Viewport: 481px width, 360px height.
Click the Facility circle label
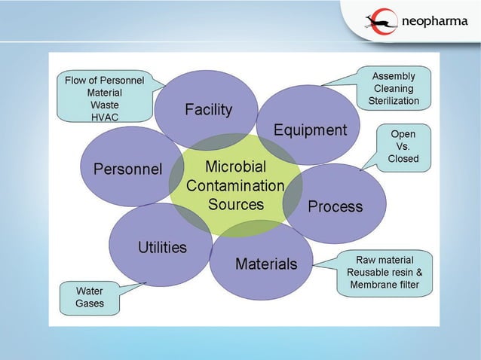click(x=209, y=110)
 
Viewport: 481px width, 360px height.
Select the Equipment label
click(x=310, y=130)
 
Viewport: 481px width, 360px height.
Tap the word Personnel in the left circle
click(x=127, y=169)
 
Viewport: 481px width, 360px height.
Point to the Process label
click(x=335, y=206)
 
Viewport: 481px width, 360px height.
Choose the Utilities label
click(x=162, y=247)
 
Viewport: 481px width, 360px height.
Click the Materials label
click(x=266, y=264)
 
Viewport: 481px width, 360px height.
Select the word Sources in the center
click(x=236, y=204)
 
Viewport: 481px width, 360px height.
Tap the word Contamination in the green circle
click(x=235, y=185)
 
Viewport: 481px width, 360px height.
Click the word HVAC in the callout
click(x=104, y=117)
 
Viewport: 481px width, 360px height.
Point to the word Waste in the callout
click(x=104, y=105)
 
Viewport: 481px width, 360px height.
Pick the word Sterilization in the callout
click(x=394, y=100)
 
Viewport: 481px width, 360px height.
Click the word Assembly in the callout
click(x=394, y=76)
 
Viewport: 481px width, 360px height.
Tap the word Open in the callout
click(x=403, y=134)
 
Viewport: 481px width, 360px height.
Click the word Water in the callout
click(x=90, y=291)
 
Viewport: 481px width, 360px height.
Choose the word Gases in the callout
click(x=90, y=304)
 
